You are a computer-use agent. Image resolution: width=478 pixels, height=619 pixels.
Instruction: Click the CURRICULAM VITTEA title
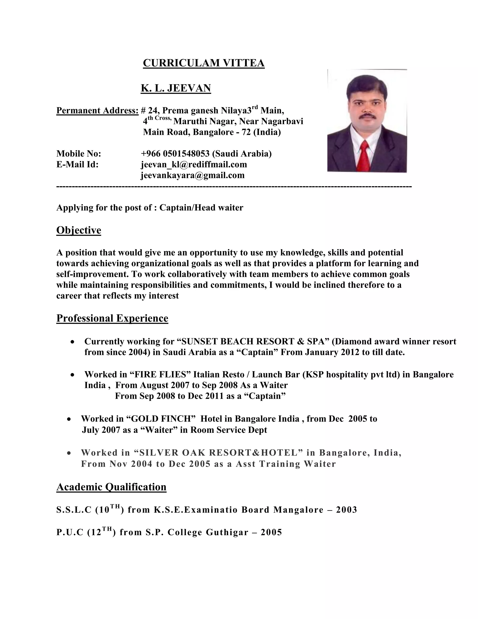tap(204, 63)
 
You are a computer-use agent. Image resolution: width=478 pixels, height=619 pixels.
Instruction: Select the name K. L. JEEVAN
tap(176, 88)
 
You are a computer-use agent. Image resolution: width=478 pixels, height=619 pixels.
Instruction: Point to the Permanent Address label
tap(97, 110)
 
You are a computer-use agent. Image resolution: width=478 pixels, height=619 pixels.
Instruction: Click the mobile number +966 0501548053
tap(175, 154)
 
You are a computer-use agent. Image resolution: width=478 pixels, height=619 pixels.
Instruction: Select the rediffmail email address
tap(194, 164)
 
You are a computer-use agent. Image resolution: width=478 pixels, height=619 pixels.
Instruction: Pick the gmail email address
tap(193, 175)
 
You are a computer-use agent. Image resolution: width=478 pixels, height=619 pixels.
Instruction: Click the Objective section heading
tap(79, 230)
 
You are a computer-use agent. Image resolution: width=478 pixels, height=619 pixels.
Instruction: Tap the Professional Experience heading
tap(112, 318)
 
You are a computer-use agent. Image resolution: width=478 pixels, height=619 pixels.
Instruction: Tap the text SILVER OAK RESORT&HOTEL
tap(216, 453)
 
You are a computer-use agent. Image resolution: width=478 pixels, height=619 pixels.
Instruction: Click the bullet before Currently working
tap(73, 342)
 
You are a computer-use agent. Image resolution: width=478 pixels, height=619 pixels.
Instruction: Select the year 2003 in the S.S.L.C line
tap(346, 510)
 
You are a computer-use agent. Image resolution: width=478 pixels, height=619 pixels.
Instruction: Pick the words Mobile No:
tap(78, 154)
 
